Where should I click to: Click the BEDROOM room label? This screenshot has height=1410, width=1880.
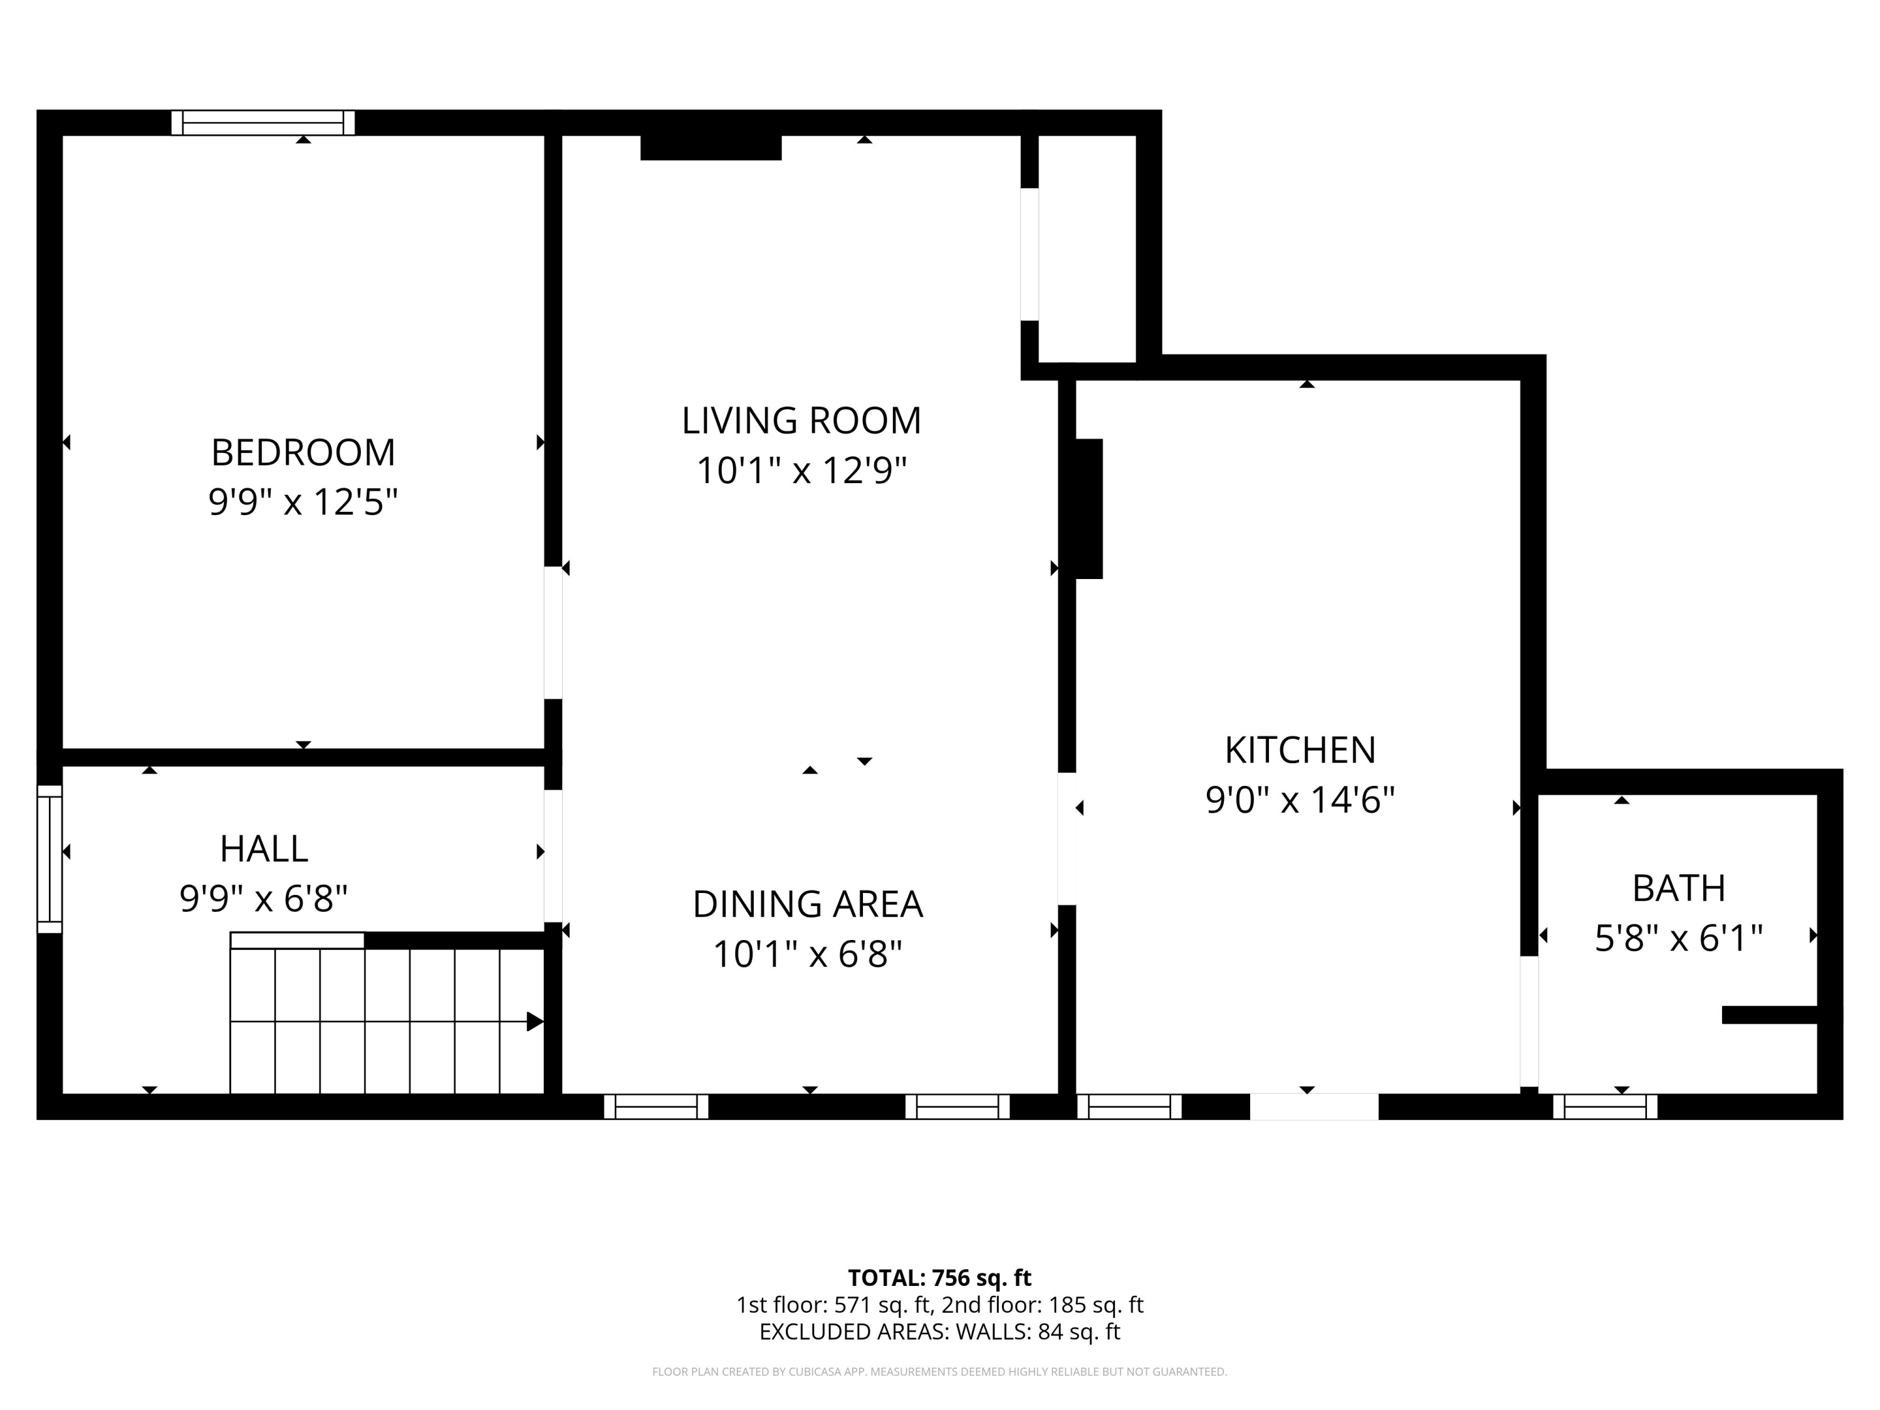303,452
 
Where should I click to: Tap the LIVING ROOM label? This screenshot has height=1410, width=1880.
802,420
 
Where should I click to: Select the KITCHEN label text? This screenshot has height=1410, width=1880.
1300,749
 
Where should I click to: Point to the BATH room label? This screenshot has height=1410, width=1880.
1679,888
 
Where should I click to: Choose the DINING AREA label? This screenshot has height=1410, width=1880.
807,904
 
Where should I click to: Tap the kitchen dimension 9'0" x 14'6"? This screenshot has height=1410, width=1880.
1300,800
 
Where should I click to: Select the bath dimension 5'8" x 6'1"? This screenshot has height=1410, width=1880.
1679,938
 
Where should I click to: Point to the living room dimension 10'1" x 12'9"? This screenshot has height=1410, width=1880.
802,470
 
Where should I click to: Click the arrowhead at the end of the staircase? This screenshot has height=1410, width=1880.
535,1021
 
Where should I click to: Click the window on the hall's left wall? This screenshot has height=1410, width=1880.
50,859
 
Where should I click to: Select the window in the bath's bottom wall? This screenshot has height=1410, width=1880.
1605,1107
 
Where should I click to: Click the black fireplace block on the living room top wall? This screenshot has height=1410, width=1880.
711,147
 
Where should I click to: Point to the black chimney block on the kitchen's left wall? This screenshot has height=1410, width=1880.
1089,508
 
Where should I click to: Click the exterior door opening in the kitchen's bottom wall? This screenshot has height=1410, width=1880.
1314,1107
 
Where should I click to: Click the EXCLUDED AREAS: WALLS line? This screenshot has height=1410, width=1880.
939,1332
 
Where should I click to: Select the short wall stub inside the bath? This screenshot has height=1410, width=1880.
1770,1015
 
